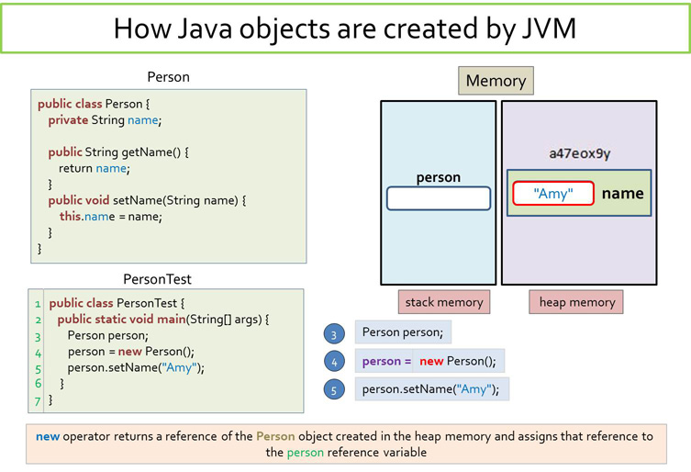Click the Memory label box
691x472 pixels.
click(496, 81)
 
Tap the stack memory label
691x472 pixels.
click(444, 302)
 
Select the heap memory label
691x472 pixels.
click(576, 302)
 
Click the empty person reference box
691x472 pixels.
click(438, 198)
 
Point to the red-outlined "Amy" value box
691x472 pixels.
click(553, 194)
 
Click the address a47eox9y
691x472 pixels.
click(579, 153)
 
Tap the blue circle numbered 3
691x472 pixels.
click(334, 334)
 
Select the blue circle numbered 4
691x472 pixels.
click(334, 362)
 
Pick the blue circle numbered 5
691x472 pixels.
click(334, 390)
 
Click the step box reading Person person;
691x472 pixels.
click(403, 332)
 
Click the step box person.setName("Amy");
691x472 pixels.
click(431, 388)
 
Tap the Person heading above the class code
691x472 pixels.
click(168, 77)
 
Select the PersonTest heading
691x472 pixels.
click(157, 279)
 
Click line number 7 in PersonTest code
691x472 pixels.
click(38, 400)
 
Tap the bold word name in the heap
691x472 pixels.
click(622, 194)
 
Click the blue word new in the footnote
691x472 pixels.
click(48, 436)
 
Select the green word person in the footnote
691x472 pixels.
click(305, 453)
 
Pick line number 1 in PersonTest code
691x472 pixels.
click(38, 303)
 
